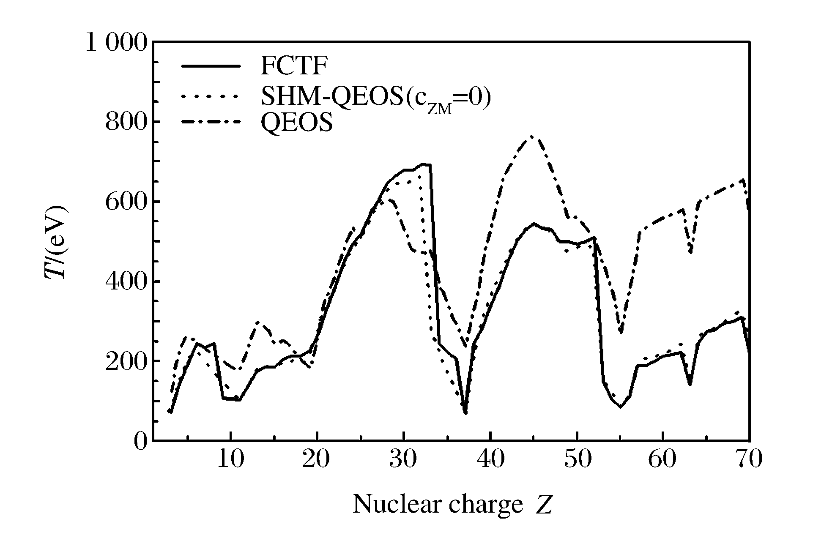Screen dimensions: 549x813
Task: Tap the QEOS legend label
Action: click(296, 123)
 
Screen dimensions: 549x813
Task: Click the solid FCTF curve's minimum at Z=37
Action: click(465, 413)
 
